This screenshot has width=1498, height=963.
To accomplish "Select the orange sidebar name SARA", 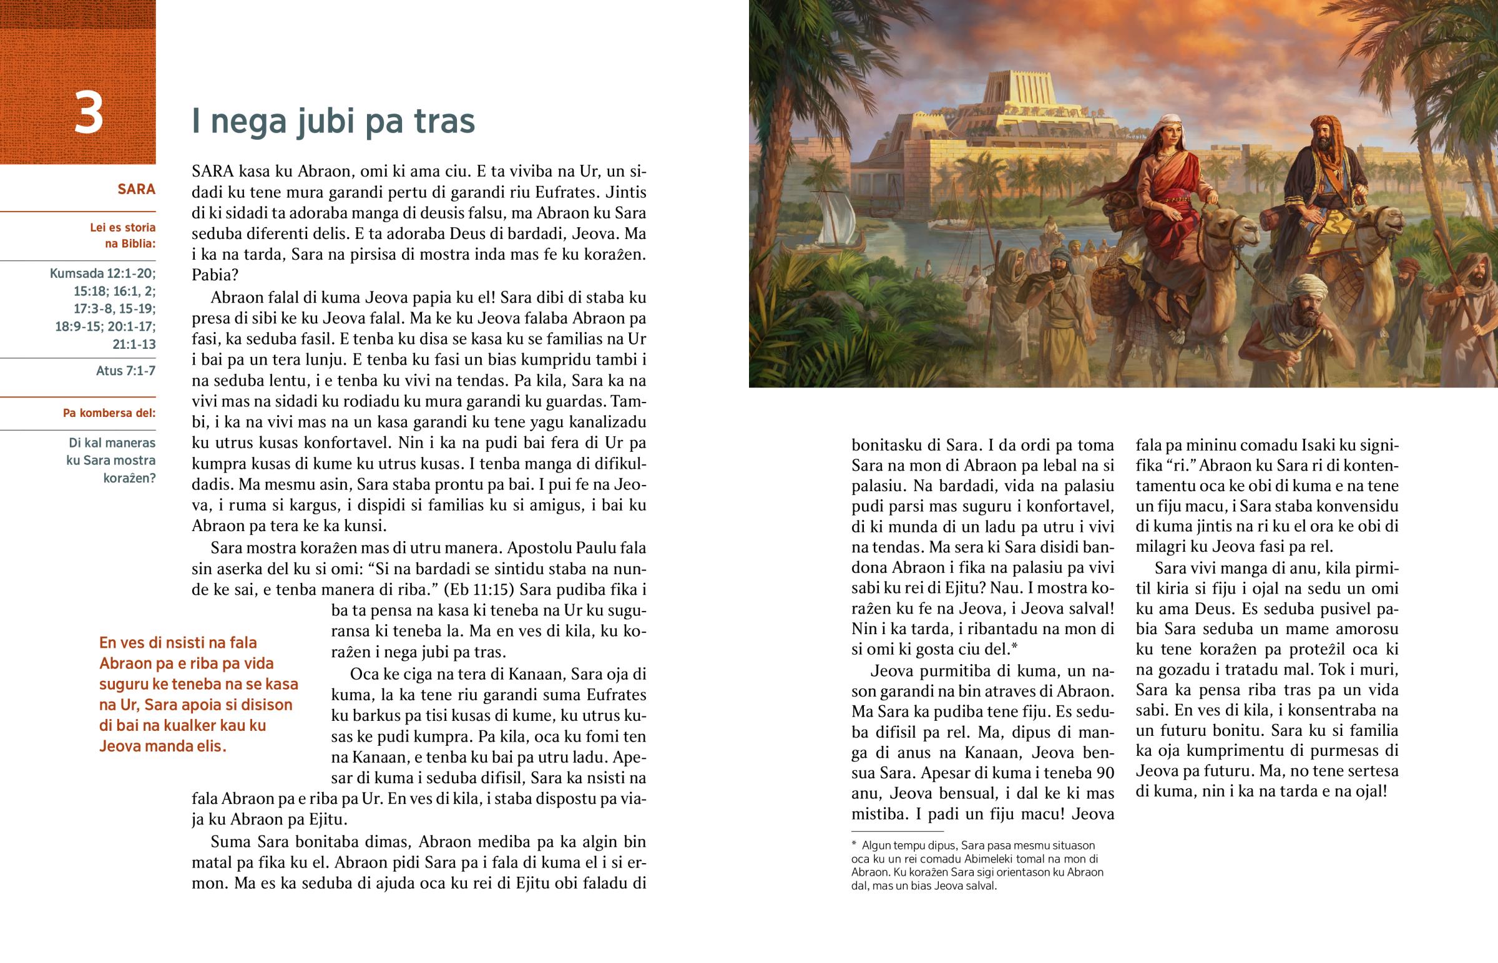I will coord(136,190).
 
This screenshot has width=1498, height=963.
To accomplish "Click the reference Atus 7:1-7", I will coord(125,371).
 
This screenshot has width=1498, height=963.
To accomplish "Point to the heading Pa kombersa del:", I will coord(109,413).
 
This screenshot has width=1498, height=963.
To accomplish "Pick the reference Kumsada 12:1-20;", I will coord(102,273).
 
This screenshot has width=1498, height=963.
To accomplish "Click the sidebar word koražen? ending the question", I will coord(129,478).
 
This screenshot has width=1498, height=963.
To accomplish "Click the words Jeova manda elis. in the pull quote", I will coord(162,746).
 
